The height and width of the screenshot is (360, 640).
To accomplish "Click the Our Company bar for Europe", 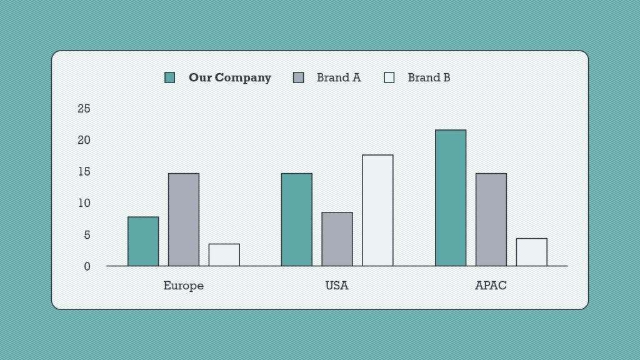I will (143, 241).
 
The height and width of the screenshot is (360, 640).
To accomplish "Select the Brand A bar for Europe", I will (184, 219).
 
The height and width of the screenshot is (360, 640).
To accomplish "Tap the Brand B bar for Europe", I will (224, 254).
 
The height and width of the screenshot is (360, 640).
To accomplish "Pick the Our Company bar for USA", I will (297, 219).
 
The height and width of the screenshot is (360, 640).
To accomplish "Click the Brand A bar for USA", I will (337, 239).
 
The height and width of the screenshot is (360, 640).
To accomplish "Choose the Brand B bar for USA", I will (377, 210).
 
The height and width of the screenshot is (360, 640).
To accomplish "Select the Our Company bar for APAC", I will (451, 197).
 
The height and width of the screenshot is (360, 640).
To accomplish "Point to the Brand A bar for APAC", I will (491, 219).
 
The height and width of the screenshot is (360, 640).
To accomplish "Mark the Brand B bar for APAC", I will (532, 252).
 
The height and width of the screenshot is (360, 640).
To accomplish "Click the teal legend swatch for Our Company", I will (170, 77).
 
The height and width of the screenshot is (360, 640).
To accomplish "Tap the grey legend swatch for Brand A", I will (298, 77).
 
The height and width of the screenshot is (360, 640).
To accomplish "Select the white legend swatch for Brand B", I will (389, 77).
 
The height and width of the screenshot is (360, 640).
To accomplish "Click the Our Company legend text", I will (230, 77).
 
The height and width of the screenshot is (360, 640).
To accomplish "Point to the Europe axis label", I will (184, 286).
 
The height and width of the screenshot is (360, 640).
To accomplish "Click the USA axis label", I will (337, 286).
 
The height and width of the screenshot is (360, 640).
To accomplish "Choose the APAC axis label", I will (491, 286).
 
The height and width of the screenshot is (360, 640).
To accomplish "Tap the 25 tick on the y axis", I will (84, 109).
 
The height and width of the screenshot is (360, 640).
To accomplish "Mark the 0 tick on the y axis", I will (87, 266).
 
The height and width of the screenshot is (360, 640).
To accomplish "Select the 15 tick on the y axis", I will (84, 171).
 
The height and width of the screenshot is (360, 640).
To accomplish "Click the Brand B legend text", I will (429, 77).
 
